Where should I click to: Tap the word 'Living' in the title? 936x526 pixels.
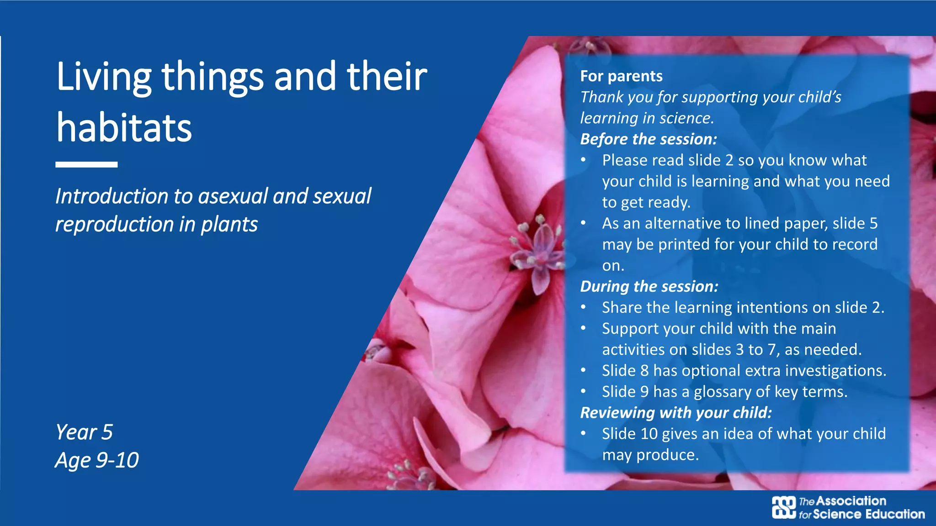click(104, 77)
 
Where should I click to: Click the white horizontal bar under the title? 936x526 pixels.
click(86, 164)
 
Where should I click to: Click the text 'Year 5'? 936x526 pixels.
click(84, 432)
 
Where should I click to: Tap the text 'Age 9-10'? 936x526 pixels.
click(97, 460)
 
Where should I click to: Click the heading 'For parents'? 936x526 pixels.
click(621, 76)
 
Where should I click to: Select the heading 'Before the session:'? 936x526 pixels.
click(649, 139)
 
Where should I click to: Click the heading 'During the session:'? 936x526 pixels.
click(649, 286)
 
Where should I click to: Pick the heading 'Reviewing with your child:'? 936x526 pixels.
click(676, 412)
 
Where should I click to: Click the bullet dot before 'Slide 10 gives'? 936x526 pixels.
click(583, 433)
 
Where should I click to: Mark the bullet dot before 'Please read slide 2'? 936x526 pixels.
click(583, 160)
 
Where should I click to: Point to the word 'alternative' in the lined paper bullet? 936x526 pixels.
click(683, 223)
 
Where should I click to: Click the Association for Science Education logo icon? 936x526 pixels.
click(784, 507)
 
